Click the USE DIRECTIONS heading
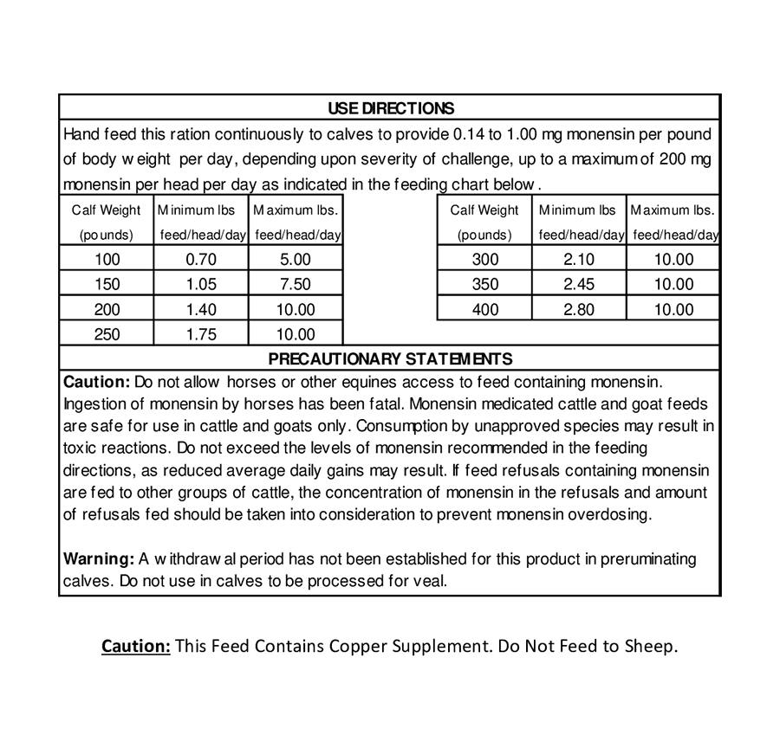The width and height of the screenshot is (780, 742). (390, 108)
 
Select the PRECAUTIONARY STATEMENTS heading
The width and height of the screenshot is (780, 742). (390, 358)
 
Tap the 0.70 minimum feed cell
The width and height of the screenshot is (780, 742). (201, 259)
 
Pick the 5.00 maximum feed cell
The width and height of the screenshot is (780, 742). (296, 259)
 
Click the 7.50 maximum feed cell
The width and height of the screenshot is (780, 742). (296, 284)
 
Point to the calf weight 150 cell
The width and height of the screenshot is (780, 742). (107, 284)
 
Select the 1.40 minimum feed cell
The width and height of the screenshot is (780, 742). (201, 309)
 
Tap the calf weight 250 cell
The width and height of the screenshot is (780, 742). (107, 334)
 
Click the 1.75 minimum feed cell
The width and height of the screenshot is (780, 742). (201, 334)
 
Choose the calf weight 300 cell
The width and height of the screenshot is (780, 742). (485, 259)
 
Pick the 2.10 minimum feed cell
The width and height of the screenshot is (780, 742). (579, 259)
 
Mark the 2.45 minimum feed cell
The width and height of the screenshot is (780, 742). (579, 284)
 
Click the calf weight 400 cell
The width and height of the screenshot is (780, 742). (485, 309)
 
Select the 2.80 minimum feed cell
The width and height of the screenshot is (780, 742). (579, 309)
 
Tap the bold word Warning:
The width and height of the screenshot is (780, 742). (99, 559)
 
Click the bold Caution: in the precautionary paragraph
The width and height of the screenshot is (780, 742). (96, 382)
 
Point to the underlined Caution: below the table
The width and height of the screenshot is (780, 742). (136, 647)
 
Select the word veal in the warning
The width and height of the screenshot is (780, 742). (429, 581)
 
